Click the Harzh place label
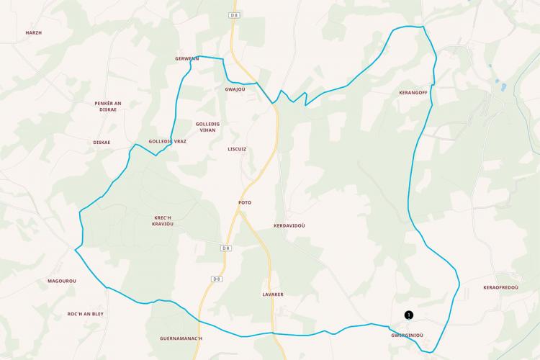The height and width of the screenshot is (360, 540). (34, 33)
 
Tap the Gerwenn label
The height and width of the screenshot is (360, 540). (186, 58)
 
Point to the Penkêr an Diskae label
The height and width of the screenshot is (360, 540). (108, 107)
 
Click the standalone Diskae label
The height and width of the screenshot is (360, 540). (102, 143)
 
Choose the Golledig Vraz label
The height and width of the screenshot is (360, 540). (167, 141)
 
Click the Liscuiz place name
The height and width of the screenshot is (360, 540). (236, 150)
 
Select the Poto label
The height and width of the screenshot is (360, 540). (245, 202)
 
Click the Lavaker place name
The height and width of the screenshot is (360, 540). (273, 294)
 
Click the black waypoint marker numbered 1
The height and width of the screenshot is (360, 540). (409, 315)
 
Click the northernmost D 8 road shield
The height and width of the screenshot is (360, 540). (235, 15)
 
